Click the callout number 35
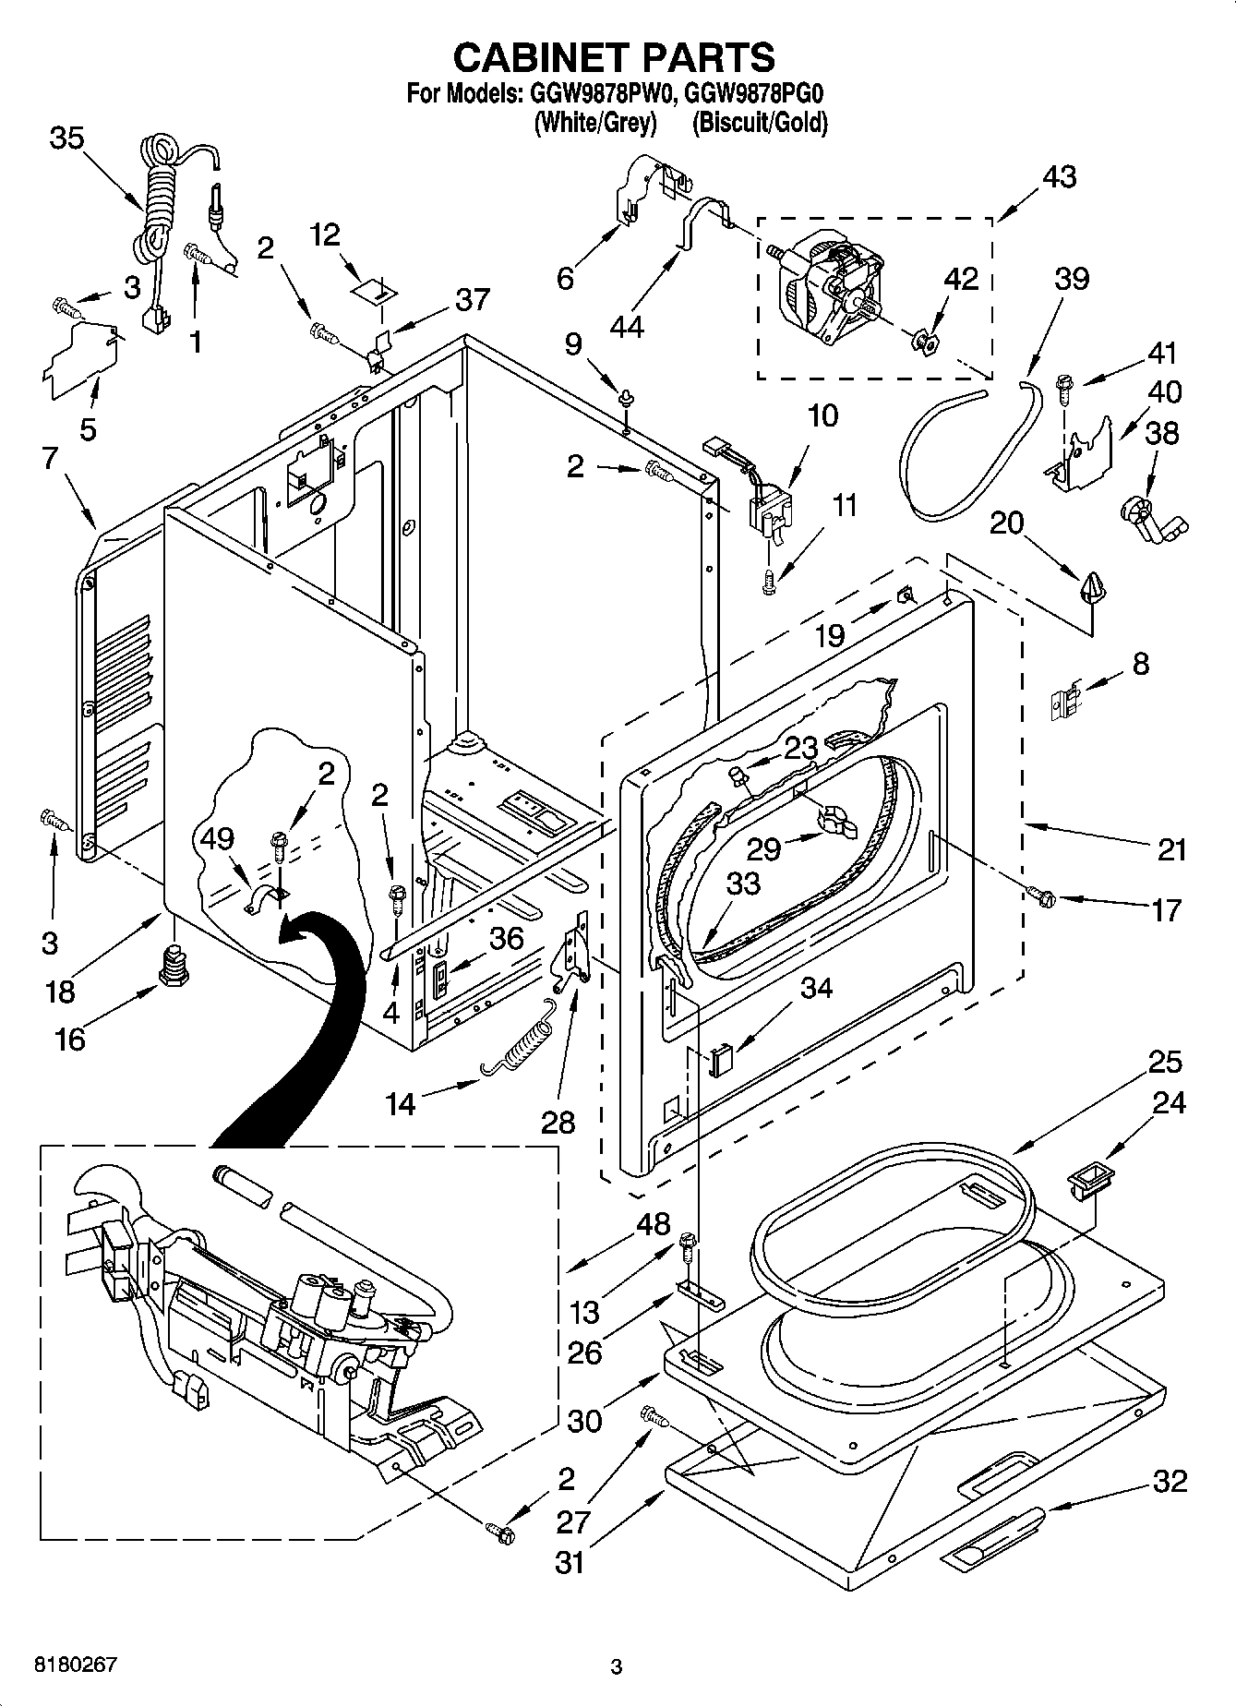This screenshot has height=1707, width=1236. (66, 138)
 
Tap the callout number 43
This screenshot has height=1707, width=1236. (1060, 176)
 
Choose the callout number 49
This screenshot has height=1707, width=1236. (218, 838)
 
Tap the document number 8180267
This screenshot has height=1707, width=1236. (76, 1665)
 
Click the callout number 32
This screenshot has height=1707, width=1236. (1170, 1481)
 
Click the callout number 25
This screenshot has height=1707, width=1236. (1165, 1062)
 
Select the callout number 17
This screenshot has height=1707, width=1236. (1166, 910)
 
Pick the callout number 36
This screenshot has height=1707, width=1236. (506, 939)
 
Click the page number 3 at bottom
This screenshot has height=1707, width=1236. (617, 1666)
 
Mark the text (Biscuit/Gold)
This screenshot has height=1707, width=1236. (760, 123)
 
